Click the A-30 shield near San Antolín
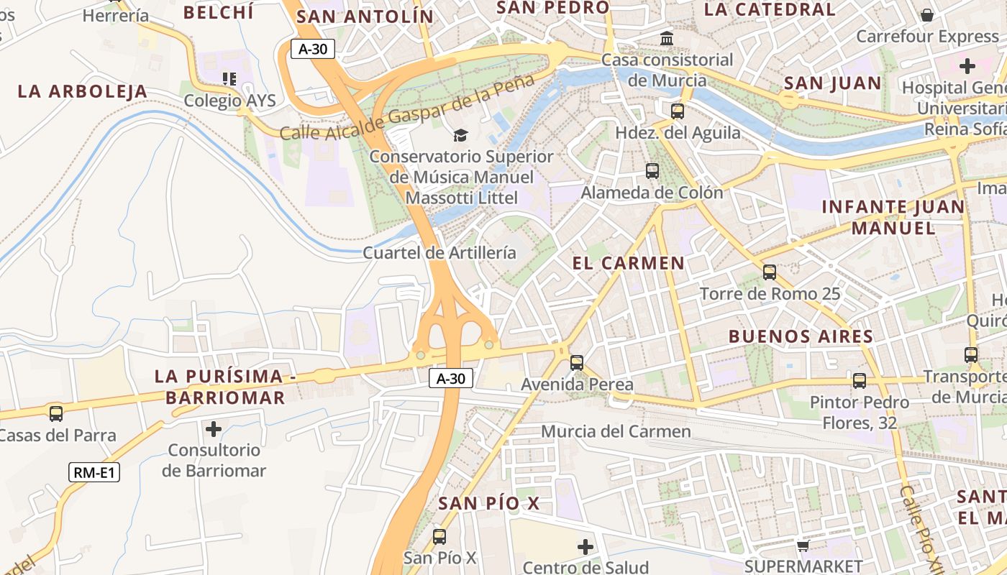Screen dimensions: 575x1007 click(x=313, y=49)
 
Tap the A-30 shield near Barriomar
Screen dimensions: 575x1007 click(x=451, y=378)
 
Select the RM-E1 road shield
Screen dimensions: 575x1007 click(x=94, y=472)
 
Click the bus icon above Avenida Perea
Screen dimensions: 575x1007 click(x=576, y=362)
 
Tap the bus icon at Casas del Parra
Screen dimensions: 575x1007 click(x=56, y=413)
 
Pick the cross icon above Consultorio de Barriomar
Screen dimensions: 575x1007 click(x=214, y=429)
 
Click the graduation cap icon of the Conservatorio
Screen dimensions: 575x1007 click(x=460, y=135)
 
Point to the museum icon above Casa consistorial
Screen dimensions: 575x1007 click(x=667, y=38)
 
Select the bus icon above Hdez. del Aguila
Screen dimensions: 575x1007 click(x=677, y=111)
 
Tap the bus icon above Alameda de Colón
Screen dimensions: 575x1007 click(x=652, y=170)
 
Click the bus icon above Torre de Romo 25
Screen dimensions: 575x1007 click(x=769, y=272)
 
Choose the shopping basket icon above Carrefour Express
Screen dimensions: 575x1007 click(x=927, y=14)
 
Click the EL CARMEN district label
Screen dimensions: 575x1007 click(x=628, y=263)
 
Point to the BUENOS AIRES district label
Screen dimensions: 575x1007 click(x=801, y=336)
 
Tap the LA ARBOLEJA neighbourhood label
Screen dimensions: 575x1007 click(x=82, y=91)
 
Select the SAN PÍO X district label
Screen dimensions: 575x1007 click(x=488, y=503)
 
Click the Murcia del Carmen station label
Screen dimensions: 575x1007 click(x=615, y=431)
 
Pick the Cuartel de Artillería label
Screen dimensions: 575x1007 click(x=439, y=252)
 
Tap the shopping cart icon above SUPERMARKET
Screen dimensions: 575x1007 click(x=803, y=546)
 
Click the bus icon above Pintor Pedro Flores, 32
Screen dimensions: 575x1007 click(x=859, y=380)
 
